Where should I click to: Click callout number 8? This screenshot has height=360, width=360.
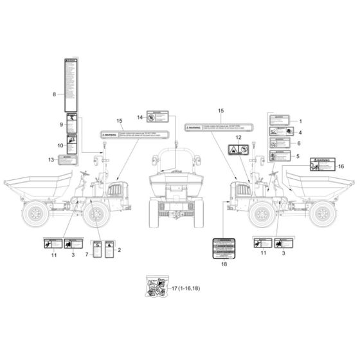pyautogui.click(x=55, y=94)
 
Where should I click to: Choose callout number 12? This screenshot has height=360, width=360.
pyautogui.click(x=237, y=138)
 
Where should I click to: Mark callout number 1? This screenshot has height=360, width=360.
pyautogui.click(x=299, y=121)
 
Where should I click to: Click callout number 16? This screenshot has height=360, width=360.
pyautogui.click(x=341, y=166)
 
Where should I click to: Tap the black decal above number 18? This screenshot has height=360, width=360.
pyautogui.click(x=224, y=248)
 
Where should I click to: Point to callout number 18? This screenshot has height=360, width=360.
pyautogui.click(x=224, y=264)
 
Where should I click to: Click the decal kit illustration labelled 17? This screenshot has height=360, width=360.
pyautogui.click(x=154, y=287)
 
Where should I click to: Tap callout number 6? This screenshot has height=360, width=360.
pyautogui.click(x=299, y=144)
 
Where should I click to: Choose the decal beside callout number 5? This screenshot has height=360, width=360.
pyautogui.click(x=281, y=156)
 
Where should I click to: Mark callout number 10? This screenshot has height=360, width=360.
pyautogui.click(x=60, y=146)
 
